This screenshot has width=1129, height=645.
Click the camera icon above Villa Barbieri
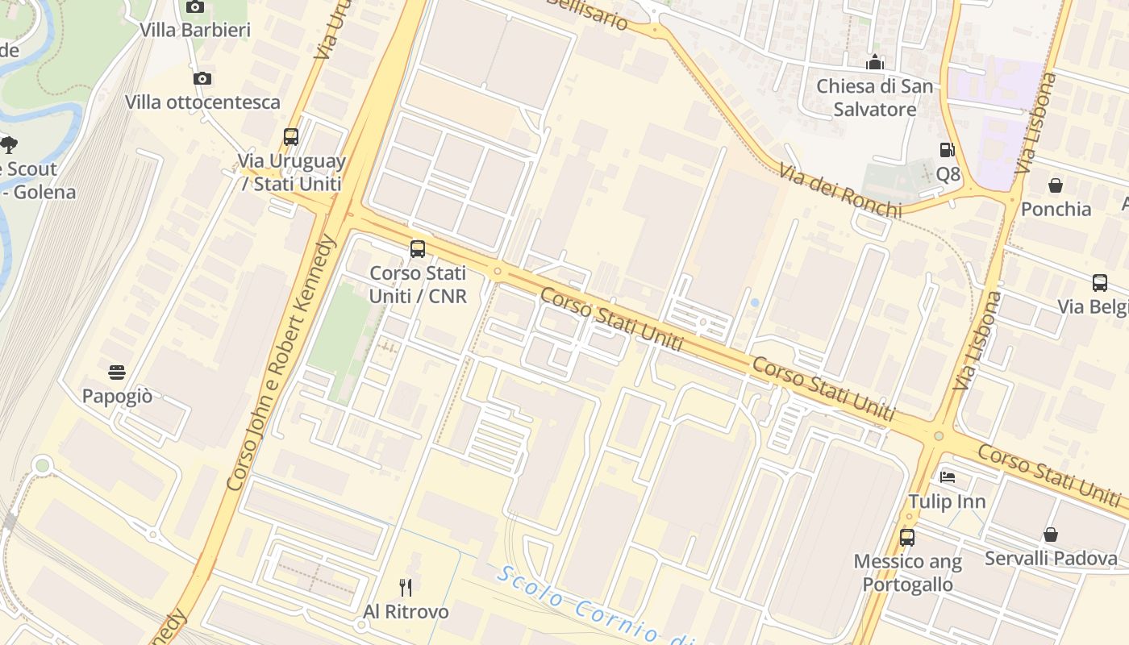coord(194,7)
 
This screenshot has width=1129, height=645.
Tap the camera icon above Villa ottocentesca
coord(202,78)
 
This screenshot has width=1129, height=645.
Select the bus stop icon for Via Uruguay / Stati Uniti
coord(291,136)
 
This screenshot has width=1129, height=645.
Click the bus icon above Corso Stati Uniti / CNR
coord(417,248)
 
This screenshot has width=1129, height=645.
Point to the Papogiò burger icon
coord(117,372)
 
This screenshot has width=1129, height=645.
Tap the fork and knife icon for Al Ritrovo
coord(406,587)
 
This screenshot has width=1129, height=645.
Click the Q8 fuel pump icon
coord(947,149)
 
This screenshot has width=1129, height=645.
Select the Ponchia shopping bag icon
coord(1055,185)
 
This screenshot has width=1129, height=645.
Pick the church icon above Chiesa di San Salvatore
coord(875,62)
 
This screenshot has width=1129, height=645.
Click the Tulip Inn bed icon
coord(948,477)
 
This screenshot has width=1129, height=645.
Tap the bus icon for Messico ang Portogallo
coord(907,537)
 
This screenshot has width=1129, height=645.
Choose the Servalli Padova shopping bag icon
coord(1051,535)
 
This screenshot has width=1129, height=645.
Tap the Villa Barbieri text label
coord(195,31)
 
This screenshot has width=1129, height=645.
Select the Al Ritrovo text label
coord(406,612)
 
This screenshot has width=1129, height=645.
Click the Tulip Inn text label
coord(948,501)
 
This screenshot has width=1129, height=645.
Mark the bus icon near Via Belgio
coord(1099,282)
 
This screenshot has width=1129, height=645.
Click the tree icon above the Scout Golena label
coord(9,145)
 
